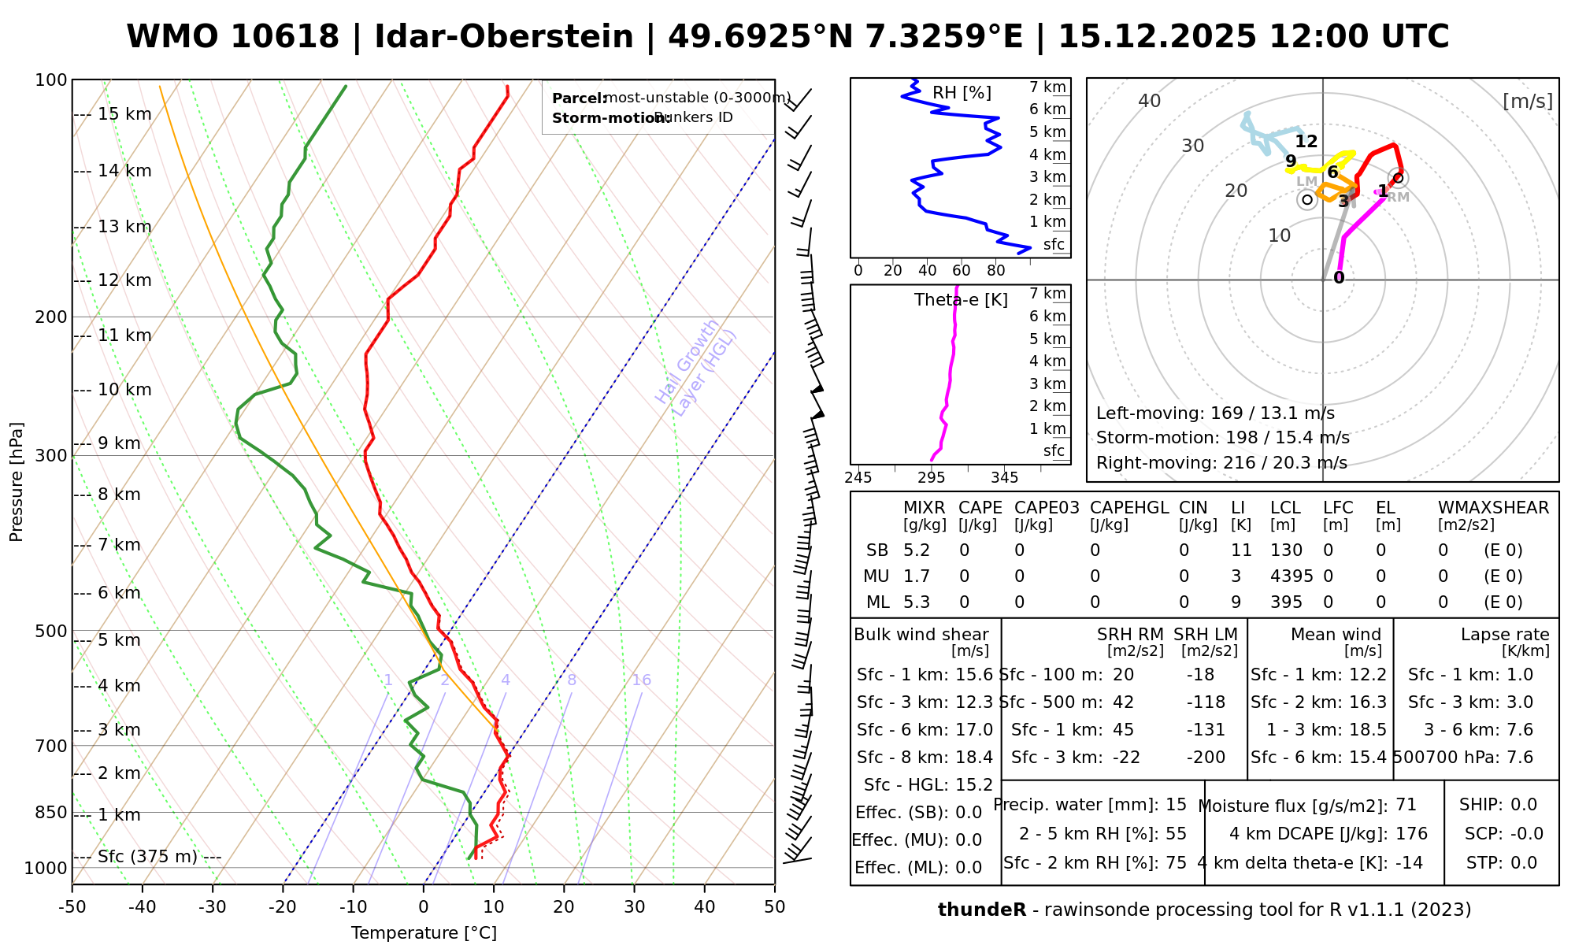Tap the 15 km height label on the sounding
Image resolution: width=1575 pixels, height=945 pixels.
coord(124,114)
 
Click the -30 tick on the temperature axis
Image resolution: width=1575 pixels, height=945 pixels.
coord(213,907)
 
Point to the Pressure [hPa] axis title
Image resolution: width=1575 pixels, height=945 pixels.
coord(17,482)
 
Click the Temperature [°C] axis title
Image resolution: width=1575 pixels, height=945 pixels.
coord(424,933)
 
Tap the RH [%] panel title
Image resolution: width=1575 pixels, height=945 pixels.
coord(962,93)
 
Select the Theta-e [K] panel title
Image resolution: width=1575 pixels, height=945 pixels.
coord(961,300)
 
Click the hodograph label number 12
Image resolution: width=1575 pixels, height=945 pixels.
coord(1306,142)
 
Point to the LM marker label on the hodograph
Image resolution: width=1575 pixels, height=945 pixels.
coord(1306,182)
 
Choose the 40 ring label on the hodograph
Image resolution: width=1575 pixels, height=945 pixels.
coord(1150,101)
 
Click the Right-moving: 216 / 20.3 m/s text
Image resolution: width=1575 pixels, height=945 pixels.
coord(1221,463)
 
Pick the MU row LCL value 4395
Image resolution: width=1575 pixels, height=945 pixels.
coord(1291,576)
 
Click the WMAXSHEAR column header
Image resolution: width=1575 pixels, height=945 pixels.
coord(1493,508)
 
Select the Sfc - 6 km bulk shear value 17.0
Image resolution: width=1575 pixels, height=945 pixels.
coord(973,730)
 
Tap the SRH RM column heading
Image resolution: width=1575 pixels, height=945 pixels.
coord(1130,635)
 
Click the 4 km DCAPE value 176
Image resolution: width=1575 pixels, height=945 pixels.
coord(1411,834)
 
